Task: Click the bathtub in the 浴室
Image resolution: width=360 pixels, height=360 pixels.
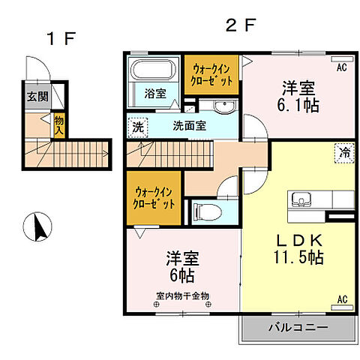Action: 154,72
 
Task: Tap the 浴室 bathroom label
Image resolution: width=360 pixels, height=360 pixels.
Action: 156,94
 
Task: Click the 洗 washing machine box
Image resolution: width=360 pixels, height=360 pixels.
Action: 136,126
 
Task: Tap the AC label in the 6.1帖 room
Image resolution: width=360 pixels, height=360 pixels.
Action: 341,67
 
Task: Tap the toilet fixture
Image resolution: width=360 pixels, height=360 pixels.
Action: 205,212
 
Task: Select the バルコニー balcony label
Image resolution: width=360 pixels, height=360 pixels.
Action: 295,327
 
